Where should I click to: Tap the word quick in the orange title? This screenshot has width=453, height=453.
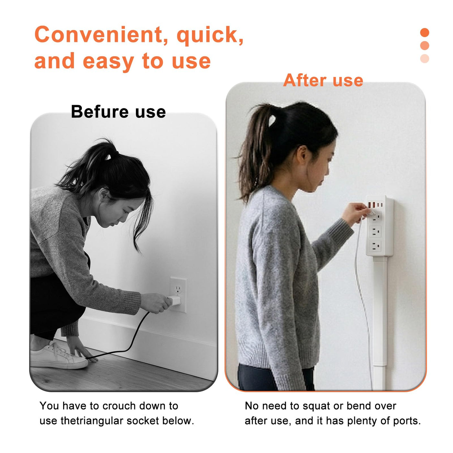coord(210,37)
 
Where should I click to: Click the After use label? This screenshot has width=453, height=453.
coord(323,80)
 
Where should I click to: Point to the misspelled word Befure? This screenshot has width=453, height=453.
coord(100,112)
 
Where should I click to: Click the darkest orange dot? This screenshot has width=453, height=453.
coord(425,32)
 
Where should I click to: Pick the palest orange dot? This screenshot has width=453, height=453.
coord(425,59)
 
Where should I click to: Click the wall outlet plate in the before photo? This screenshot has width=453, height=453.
coord(178,295)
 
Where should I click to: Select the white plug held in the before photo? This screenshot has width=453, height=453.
coord(174,301)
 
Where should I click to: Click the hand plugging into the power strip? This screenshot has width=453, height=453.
coord(355,214)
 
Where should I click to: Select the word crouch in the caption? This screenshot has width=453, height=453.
coord(119,406)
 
